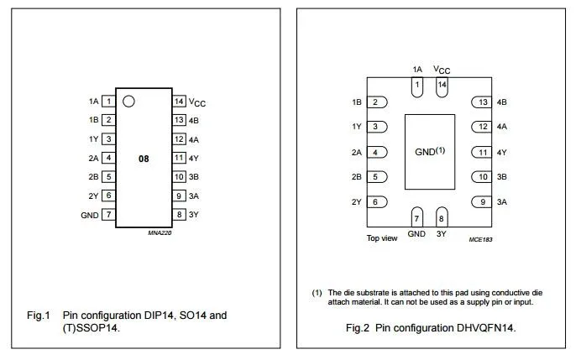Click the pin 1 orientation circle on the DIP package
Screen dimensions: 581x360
(x=128, y=101)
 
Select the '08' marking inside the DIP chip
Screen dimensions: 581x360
(x=144, y=159)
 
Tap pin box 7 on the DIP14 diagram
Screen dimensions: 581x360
(x=108, y=215)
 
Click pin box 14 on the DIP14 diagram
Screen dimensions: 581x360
(x=179, y=101)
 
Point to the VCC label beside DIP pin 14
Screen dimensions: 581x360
(x=197, y=102)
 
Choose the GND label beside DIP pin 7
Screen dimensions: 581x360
(x=90, y=215)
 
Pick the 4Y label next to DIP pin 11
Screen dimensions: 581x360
(x=194, y=159)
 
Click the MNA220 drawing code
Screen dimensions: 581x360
(x=160, y=232)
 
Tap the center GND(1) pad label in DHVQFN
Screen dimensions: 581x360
(x=430, y=152)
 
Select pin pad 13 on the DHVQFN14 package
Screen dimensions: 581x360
(x=482, y=102)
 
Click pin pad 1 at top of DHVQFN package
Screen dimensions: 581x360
(x=417, y=87)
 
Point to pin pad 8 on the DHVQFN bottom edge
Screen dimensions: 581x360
(x=442, y=217)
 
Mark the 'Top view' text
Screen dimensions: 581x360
(x=382, y=238)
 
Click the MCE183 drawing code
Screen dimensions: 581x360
(x=480, y=240)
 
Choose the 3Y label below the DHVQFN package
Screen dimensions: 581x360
(x=442, y=234)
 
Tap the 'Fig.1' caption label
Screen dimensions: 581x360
(x=39, y=316)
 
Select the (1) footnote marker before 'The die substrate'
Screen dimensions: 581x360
(x=317, y=293)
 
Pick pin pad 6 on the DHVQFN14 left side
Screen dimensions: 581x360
(x=377, y=202)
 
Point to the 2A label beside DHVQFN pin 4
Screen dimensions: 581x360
(x=357, y=152)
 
